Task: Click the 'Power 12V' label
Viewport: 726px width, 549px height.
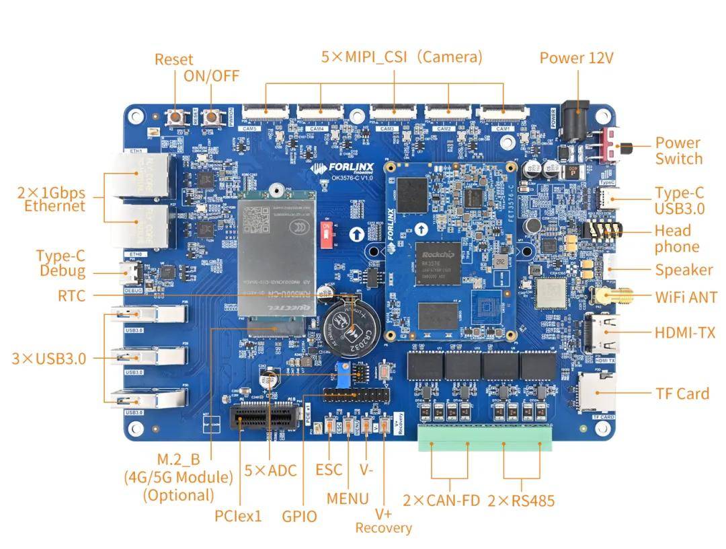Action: tap(576, 58)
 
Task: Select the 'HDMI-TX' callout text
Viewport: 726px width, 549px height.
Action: tap(684, 332)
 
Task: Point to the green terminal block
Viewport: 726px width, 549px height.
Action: tap(485, 438)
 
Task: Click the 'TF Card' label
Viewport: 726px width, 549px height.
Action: tap(682, 394)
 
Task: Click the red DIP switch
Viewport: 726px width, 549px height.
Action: tap(329, 237)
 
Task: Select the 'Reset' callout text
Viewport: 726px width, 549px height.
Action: tap(173, 59)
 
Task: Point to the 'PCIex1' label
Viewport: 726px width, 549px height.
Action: tap(238, 516)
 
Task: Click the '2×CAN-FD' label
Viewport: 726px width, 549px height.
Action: tap(441, 501)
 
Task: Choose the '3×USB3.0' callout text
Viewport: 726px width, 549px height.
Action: tap(48, 359)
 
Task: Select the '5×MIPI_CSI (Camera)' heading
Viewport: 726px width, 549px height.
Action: tap(401, 57)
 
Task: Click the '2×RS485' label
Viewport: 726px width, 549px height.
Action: tap(521, 501)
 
